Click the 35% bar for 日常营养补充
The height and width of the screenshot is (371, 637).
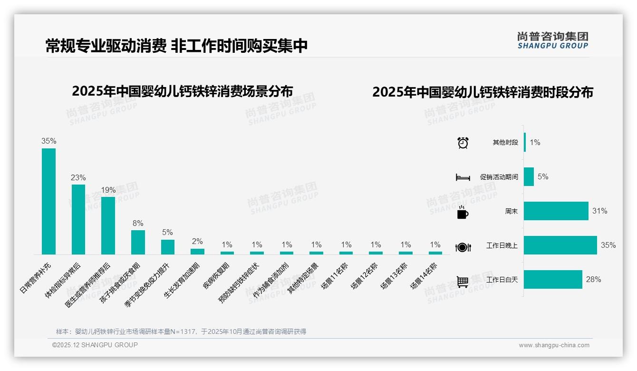[x=48, y=201]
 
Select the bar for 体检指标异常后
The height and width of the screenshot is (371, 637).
[x=78, y=219]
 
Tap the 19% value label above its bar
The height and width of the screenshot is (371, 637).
[x=108, y=190]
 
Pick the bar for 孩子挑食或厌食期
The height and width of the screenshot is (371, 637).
[x=138, y=242]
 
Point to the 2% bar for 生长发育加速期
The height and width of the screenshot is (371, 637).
[x=197, y=251]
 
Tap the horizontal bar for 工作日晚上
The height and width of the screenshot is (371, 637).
[x=560, y=245]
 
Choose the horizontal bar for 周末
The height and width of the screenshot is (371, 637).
[x=556, y=211]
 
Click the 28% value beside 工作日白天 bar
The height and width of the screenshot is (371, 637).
[x=593, y=280]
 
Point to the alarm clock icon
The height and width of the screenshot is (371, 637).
[x=463, y=143]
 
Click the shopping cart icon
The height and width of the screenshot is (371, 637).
[x=463, y=282]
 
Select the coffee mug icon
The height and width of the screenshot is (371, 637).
[x=463, y=213]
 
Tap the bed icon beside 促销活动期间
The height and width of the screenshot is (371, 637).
[x=463, y=177]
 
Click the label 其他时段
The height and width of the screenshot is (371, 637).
[x=505, y=143]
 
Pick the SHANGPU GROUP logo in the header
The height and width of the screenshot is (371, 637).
[x=552, y=40]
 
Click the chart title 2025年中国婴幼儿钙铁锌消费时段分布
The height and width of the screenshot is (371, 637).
[x=483, y=92]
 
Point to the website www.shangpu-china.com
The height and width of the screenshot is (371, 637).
[x=554, y=345]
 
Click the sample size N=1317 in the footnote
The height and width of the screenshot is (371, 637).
[x=183, y=332]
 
